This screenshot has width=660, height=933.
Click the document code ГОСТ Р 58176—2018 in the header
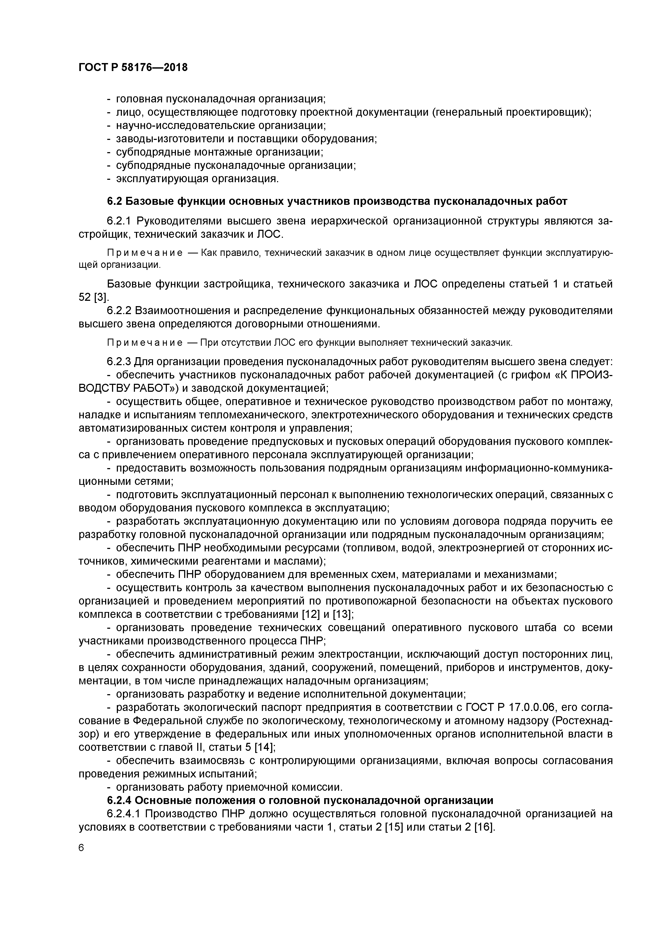pos(133,68)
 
